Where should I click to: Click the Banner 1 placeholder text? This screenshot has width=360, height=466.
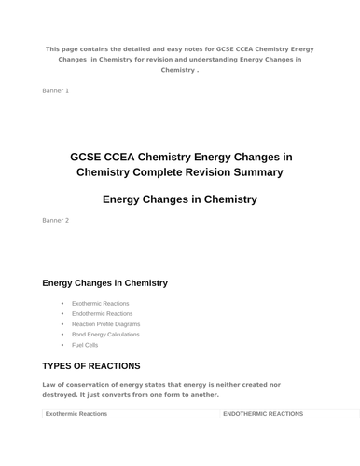55,90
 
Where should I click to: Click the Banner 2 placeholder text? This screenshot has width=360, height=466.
55,221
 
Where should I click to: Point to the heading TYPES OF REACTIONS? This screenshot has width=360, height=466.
91,365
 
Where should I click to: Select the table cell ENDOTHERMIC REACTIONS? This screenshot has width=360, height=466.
264,413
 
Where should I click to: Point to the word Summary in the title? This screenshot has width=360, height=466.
257,172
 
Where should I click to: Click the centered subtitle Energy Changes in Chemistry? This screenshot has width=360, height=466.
179,199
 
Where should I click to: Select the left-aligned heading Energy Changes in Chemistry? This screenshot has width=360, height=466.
104,282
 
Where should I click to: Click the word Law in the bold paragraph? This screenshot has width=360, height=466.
50,384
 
